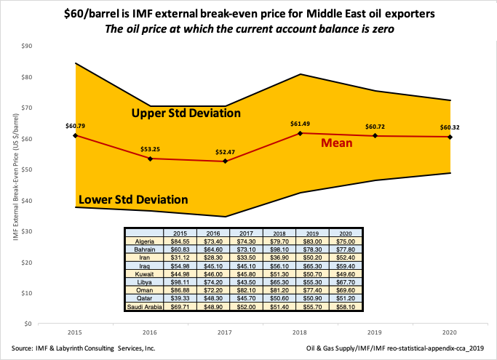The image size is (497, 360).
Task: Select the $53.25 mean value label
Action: pos(150,148)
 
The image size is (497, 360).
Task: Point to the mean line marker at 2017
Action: pos(225,161)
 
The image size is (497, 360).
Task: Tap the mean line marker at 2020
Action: pos(450,137)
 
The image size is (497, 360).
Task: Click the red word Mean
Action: pos(338,143)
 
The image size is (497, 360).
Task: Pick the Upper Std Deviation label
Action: pos(186,113)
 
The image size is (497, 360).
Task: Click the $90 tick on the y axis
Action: pos(28,46)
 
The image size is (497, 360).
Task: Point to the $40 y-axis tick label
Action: pos(28,201)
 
